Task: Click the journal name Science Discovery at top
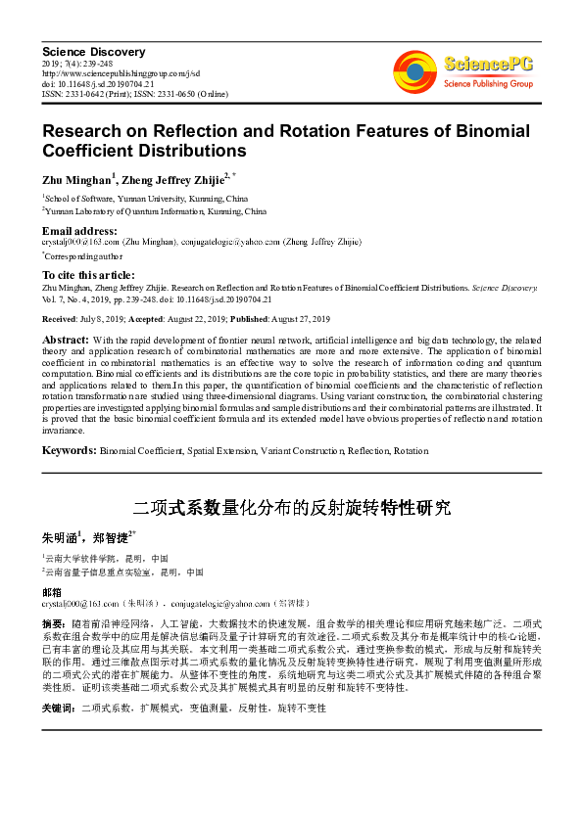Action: (94, 51)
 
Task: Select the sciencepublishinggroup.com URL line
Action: (121, 73)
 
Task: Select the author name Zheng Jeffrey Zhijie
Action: (177, 180)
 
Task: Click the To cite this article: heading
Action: (88, 276)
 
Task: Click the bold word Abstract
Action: (66, 339)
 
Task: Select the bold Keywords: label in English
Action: (69, 450)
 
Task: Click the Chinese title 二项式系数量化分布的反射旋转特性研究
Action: (291, 508)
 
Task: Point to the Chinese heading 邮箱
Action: (51, 593)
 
